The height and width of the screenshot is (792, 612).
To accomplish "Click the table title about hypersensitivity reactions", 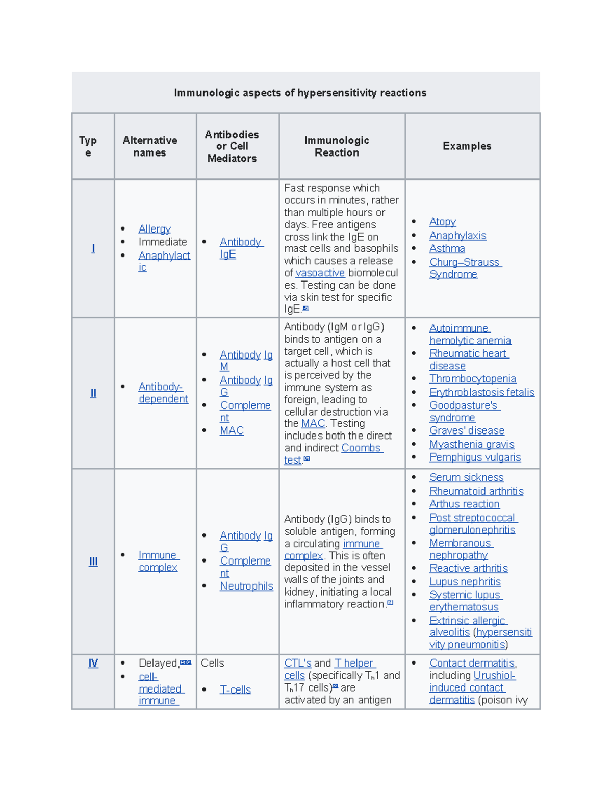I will coord(300,93).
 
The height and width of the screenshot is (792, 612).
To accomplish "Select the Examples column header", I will coord(467,146).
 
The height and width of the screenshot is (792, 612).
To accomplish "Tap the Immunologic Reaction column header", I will coord(337,146).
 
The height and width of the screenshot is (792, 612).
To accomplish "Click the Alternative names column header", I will coord(150,146).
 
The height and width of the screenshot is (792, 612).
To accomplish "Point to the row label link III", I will coord(93,561).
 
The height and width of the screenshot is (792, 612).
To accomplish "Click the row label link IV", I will coord(93,663).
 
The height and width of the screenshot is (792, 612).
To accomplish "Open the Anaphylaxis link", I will coord(457,236).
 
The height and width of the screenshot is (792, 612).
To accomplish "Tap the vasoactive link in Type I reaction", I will coord(320,273).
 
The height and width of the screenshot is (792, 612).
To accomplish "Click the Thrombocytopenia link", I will coord(472,379).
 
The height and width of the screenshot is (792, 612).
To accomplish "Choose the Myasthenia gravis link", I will coord(471,444).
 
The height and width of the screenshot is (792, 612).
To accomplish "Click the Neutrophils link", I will coord(246,586).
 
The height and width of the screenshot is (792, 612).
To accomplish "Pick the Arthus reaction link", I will coord(464,504).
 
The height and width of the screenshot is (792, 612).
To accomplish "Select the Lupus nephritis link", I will coord(465,582).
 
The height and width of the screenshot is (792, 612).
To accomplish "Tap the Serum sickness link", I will coord(466,477).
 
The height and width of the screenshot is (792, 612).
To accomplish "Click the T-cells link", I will coord(235,689).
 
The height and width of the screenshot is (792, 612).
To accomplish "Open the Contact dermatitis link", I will coord(472,663).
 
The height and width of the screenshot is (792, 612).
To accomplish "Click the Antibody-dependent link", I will coord(163,393).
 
